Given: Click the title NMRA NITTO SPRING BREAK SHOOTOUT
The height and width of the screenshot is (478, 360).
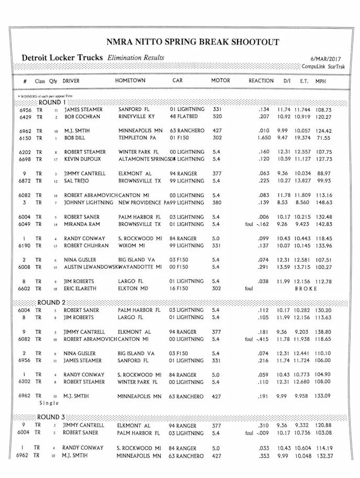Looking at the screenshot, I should click(x=193, y=42).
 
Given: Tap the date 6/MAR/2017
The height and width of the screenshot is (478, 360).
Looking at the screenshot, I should click(x=325, y=59).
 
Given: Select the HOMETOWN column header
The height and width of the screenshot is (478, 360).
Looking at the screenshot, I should click(x=130, y=81).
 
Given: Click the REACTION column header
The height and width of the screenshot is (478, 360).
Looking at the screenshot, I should click(x=261, y=81).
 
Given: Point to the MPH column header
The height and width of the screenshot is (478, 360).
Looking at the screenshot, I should click(x=320, y=81).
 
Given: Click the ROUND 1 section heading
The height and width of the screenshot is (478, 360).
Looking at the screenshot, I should click(x=52, y=103).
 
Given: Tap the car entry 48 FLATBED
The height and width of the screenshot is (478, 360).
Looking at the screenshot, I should click(x=184, y=117).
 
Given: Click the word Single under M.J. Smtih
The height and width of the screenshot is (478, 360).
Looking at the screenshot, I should click(x=49, y=403).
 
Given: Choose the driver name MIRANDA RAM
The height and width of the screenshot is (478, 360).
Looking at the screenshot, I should click(x=83, y=224).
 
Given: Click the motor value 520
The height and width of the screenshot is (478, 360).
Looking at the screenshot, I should click(x=217, y=117).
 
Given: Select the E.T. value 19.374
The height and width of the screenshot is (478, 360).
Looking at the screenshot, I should click(x=304, y=138).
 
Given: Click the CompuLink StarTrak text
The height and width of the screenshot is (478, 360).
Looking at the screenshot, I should click(x=323, y=66).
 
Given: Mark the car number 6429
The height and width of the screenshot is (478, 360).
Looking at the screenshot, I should click(x=26, y=117).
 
